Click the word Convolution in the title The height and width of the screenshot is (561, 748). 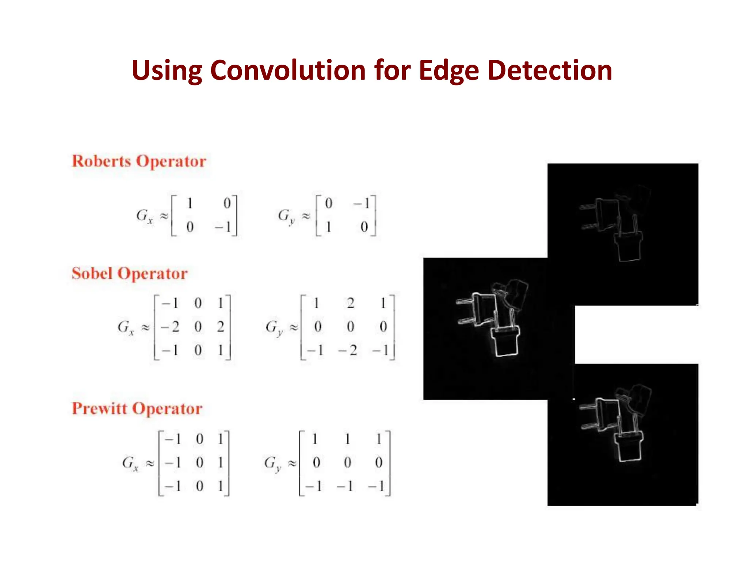[288, 70]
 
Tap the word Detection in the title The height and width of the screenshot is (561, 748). [550, 70]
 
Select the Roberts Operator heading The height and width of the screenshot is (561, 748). [139, 161]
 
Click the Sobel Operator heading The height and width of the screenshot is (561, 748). [130, 274]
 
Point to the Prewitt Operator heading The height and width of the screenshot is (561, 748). [137, 409]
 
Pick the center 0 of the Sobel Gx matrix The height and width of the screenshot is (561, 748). [198, 327]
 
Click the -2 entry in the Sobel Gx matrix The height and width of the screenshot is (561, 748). [171, 327]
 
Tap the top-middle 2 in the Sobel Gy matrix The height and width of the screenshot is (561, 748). [350, 303]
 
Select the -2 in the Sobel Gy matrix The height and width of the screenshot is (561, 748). [348, 350]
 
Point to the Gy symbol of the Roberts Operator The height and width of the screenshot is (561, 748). [286, 216]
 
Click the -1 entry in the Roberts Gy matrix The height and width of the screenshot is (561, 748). [362, 203]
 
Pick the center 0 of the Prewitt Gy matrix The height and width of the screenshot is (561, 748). [347, 463]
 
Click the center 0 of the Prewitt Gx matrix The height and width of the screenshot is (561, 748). [199, 463]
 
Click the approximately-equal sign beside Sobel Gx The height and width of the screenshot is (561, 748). [146, 327]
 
